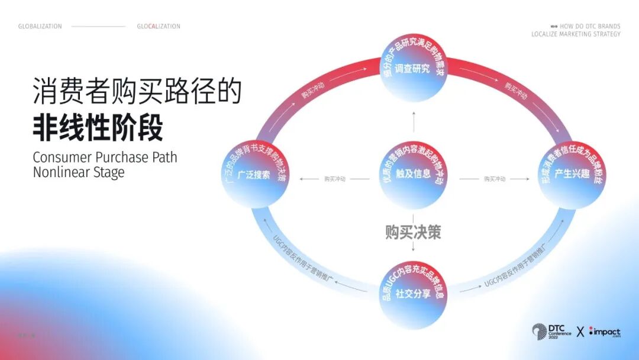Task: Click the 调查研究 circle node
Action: pyautogui.click(x=413, y=69)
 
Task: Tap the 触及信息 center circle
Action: pyautogui.click(x=413, y=175)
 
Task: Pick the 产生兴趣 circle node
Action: pyautogui.click(x=572, y=175)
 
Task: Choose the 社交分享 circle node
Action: pyautogui.click(x=413, y=292)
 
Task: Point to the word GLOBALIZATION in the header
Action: pyautogui.click(x=40, y=27)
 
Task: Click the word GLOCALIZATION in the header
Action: pyautogui.click(x=159, y=27)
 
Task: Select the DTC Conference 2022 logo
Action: pyautogui.click(x=551, y=332)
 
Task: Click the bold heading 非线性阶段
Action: pyautogui.click(x=98, y=128)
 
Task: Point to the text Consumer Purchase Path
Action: pyautogui.click(x=105, y=157)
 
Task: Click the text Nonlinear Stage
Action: pyautogui.click(x=79, y=173)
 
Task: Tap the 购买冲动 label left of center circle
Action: pyautogui.click(x=335, y=179)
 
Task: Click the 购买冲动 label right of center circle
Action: pyautogui.click(x=495, y=179)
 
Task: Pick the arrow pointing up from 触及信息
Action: pyautogui.click(x=413, y=122)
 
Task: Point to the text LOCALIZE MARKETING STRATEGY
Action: pyautogui.click(x=576, y=34)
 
